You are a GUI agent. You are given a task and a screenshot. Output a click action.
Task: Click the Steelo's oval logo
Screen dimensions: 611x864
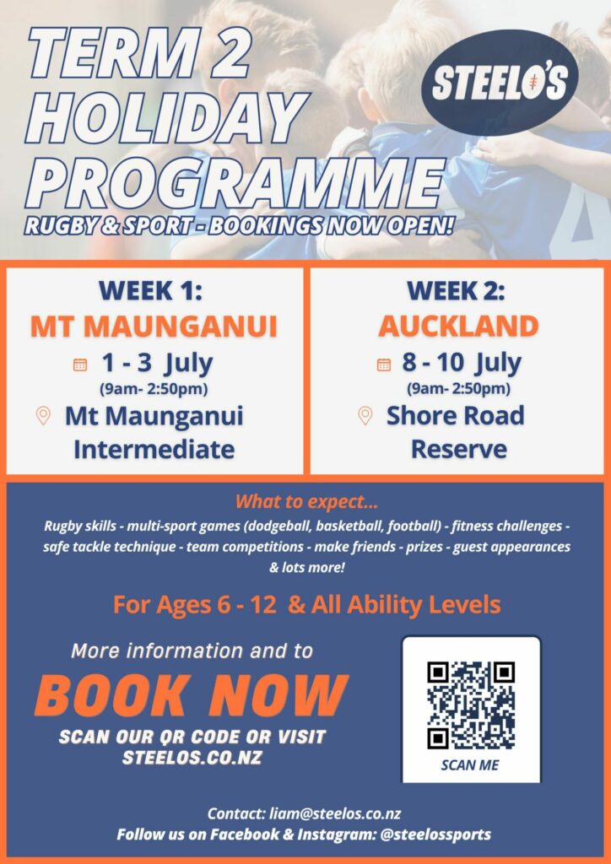tap(500, 83)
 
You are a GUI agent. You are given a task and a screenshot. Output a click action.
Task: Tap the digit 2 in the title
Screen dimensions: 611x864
tap(217, 54)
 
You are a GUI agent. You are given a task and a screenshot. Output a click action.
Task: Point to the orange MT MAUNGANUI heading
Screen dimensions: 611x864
tap(154, 327)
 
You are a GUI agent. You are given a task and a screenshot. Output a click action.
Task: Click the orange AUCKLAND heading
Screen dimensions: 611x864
tap(458, 327)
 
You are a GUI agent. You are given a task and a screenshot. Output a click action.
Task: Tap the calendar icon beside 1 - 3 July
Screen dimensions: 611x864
tap(80, 364)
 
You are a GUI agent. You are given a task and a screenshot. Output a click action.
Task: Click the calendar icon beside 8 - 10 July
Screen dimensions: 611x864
tap(383, 364)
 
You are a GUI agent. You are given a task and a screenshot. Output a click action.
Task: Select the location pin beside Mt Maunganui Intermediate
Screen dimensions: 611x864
tap(43, 416)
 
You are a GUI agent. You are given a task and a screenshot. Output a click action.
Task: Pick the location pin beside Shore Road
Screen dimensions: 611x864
tap(365, 416)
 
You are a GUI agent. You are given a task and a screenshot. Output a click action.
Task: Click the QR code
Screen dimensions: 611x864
tap(471, 705)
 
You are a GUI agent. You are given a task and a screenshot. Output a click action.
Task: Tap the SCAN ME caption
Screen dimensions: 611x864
tap(471, 765)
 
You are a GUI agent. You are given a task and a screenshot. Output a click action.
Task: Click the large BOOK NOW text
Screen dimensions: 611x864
tap(191, 695)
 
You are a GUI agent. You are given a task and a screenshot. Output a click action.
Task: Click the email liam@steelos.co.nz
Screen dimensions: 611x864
tap(336, 814)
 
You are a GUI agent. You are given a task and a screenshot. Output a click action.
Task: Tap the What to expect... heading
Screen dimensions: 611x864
tap(306, 503)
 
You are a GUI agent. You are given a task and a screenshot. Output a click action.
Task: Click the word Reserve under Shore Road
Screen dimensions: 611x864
tap(459, 450)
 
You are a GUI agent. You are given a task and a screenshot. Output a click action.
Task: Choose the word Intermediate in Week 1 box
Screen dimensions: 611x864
tap(154, 450)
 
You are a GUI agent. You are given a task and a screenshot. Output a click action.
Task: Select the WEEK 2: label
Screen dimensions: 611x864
tap(456, 291)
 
